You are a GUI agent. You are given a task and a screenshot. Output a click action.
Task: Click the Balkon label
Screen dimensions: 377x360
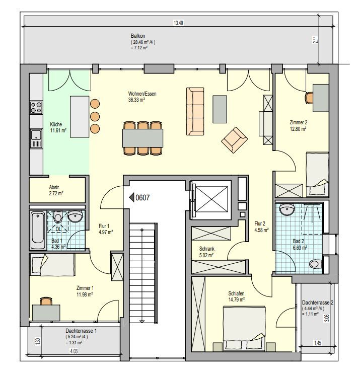[x=137, y=37]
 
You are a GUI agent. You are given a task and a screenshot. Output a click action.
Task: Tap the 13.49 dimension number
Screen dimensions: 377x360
[x=177, y=23]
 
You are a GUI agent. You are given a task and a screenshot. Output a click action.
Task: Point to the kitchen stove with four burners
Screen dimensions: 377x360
[x=36, y=107]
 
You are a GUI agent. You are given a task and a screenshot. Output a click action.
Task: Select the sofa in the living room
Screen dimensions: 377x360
[x=195, y=111]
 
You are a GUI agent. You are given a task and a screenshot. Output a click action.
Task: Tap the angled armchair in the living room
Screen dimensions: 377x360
[x=234, y=139]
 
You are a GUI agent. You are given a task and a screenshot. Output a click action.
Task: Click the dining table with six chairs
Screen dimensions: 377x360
[x=143, y=137]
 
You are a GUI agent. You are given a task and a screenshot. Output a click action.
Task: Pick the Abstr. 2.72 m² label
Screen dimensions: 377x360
[x=56, y=190]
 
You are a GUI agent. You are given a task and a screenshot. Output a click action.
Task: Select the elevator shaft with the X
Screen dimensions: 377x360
[x=210, y=198]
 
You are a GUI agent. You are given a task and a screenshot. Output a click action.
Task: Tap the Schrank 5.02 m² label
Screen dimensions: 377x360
[x=207, y=251]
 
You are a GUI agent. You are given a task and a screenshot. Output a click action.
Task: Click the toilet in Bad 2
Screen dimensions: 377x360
[x=315, y=263]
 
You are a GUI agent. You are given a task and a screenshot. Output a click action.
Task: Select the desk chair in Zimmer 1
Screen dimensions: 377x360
[x=46, y=301]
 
